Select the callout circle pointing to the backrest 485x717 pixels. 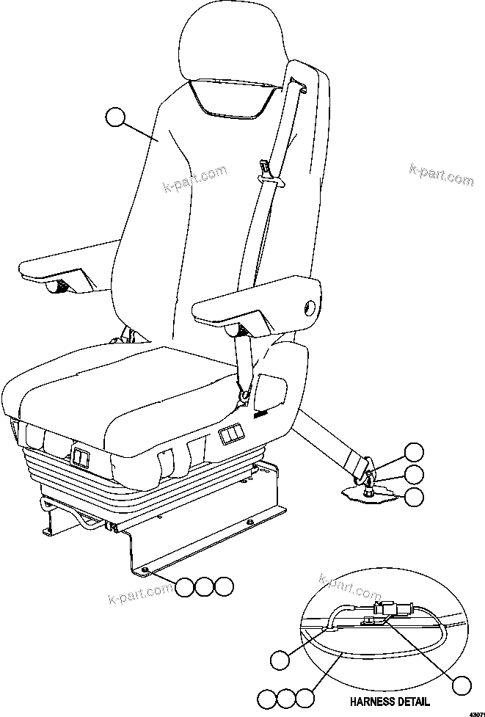(x=115, y=117)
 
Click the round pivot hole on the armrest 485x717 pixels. (x=310, y=305)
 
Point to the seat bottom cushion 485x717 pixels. (x=147, y=396)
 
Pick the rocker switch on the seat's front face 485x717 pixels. (x=79, y=459)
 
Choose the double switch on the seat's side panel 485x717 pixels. (x=230, y=437)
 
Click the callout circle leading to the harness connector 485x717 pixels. (x=460, y=685)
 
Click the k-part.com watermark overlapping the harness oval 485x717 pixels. (x=349, y=587)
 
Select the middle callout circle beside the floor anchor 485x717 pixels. (x=414, y=474)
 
